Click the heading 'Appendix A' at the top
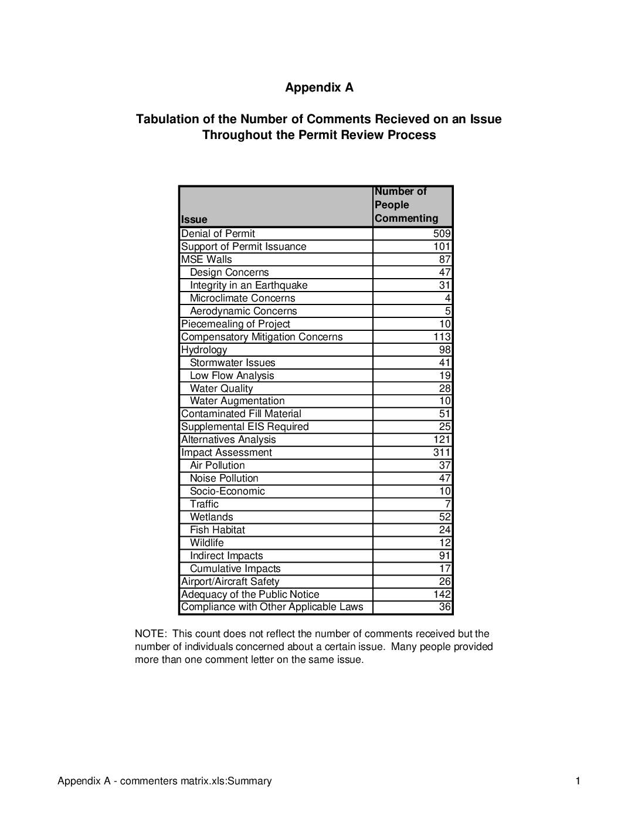[319, 87]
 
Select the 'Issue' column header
[194, 219]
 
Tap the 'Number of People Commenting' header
[406, 205]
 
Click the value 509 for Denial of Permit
[442, 233]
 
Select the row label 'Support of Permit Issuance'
[243, 246]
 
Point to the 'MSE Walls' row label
[206, 259]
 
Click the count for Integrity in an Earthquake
[444, 285]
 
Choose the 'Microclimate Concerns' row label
[242, 298]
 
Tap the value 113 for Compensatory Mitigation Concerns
[442, 337]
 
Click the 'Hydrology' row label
[204, 350]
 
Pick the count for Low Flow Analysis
[444, 375]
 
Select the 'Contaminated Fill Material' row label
[241, 414]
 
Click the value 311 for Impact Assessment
[442, 452]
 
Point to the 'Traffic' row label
[204, 504]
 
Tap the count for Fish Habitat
[444, 530]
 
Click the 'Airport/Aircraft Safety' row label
[230, 581]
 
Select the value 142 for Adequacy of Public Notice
[442, 594]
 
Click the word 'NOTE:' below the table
[151, 634]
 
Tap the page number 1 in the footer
[578, 781]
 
